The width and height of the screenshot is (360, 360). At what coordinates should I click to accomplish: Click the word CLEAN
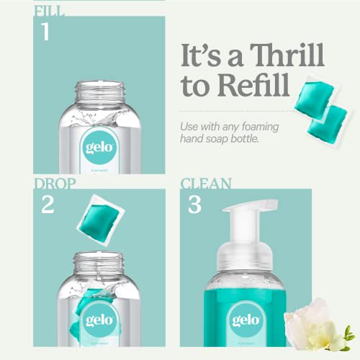point(206,184)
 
